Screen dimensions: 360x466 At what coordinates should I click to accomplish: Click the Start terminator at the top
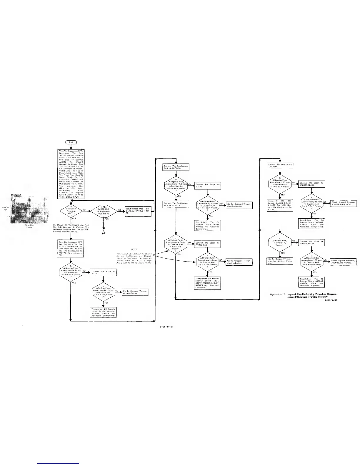71,142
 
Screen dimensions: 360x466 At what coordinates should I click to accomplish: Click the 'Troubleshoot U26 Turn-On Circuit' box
138,210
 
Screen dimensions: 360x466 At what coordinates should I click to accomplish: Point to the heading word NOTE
134,250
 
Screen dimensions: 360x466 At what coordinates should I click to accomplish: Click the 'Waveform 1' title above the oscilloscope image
17,195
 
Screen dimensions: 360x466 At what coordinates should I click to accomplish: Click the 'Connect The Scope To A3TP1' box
103,273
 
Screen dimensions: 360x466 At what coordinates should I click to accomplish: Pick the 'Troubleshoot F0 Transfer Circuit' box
103,312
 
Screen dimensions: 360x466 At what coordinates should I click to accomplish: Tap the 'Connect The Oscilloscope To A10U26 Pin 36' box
176,167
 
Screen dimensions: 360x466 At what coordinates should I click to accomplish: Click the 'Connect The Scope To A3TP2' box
208,186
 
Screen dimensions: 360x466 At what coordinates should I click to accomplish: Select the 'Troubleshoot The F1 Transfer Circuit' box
208,225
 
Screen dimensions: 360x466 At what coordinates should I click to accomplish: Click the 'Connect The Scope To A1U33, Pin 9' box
208,244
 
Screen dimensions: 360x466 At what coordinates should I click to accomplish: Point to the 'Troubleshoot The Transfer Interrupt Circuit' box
208,283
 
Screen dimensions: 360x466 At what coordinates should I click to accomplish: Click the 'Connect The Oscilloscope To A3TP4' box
280,166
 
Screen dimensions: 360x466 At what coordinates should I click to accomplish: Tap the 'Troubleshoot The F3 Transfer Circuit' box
312,224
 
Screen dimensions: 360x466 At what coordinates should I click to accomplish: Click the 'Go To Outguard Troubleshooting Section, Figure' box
280,261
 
